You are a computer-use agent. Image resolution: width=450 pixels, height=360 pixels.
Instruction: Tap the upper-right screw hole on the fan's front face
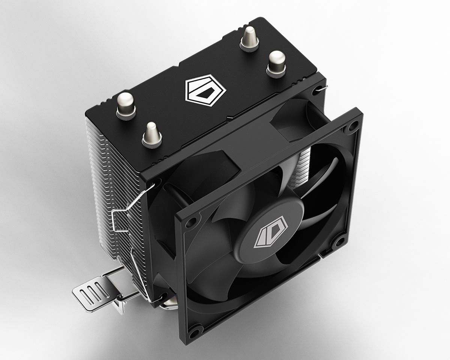(x=352, y=126)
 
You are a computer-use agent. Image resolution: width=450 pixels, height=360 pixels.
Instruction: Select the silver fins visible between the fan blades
(x=302, y=165)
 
